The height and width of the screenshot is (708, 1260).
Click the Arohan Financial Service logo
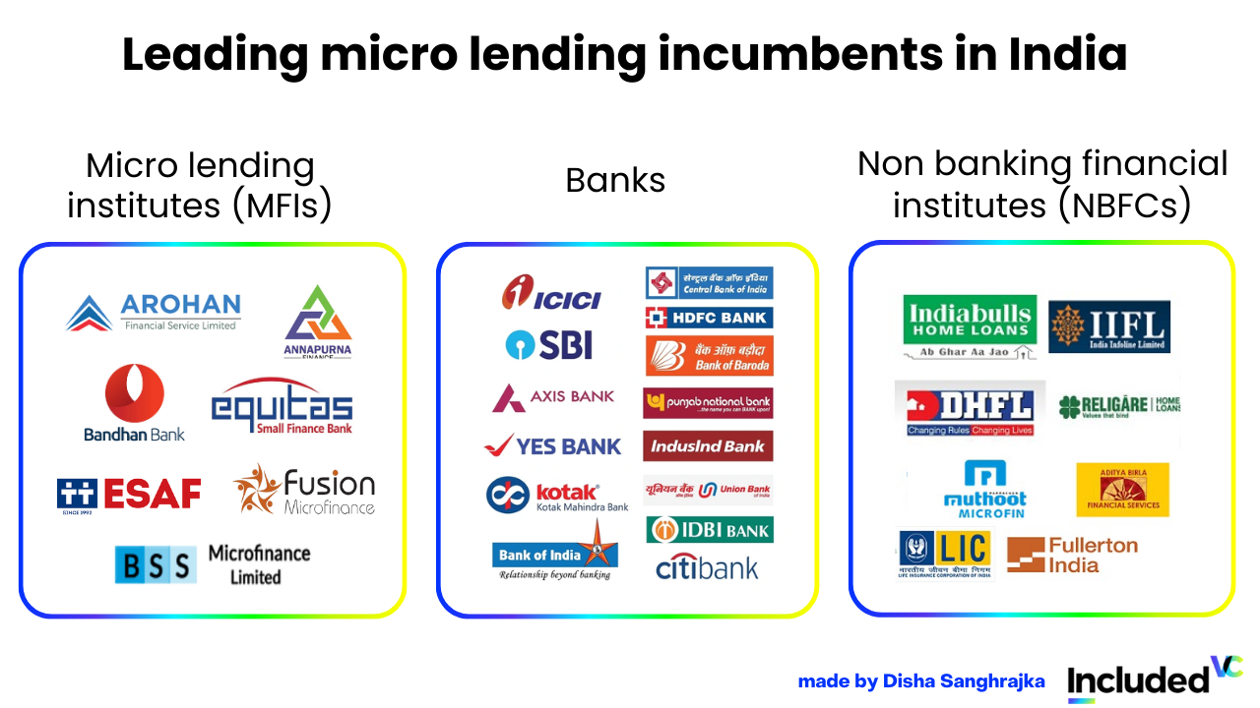coord(154,313)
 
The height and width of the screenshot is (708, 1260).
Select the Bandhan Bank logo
coord(135,403)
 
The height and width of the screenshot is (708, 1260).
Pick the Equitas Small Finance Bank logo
coord(282,407)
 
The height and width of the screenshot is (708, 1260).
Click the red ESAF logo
coord(129,494)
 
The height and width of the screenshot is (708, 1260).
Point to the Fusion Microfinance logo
coord(304,490)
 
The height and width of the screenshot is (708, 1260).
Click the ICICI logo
coord(550,293)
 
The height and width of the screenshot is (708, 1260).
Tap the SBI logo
coord(548,344)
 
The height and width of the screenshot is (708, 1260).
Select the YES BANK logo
coord(553,445)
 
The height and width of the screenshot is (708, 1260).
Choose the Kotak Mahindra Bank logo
coord(557,495)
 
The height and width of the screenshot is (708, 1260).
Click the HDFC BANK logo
coord(709,318)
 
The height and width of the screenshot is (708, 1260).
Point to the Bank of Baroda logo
coord(709,356)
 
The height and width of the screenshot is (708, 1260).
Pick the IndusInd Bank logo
coord(709,445)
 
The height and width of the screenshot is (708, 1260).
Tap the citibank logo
coord(707,567)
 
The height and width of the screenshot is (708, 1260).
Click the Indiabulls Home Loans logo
coord(970,326)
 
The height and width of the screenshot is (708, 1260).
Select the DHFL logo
coord(970,409)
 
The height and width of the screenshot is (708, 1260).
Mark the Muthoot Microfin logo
coord(984,489)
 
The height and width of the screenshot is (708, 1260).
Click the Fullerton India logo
coord(1072,555)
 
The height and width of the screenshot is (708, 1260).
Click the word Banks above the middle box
coord(615,180)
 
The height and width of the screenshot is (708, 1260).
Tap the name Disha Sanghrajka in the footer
coord(964,681)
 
